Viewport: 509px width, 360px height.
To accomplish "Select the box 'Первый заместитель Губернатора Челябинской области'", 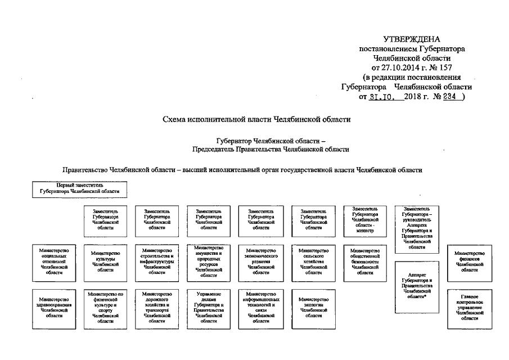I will pyautogui.click(x=79, y=189).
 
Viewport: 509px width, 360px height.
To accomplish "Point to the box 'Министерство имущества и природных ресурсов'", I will pyautogui.click(x=209, y=262).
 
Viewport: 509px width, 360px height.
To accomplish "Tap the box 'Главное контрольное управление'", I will pyautogui.click(x=470, y=308).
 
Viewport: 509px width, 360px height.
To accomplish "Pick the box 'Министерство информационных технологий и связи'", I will pyautogui.click(x=260, y=307).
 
